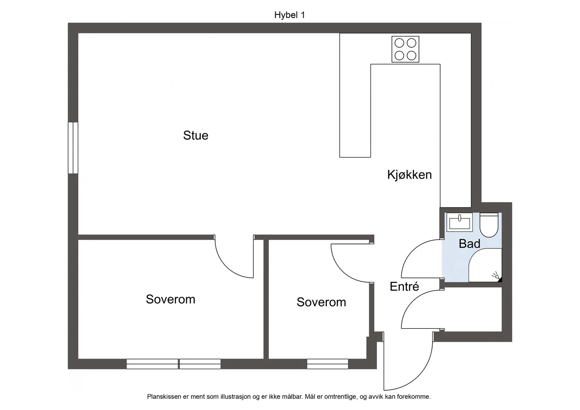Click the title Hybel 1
(290, 15)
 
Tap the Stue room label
(196, 135)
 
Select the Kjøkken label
(409, 175)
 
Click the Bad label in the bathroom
(469, 244)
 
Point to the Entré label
(404, 286)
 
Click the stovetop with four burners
(405, 49)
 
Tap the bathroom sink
(460, 222)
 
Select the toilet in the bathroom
(489, 225)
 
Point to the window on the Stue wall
(73, 148)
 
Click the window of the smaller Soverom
(328, 364)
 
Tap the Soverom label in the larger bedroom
(170, 299)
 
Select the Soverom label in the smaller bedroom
(321, 302)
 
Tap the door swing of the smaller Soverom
(340, 272)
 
